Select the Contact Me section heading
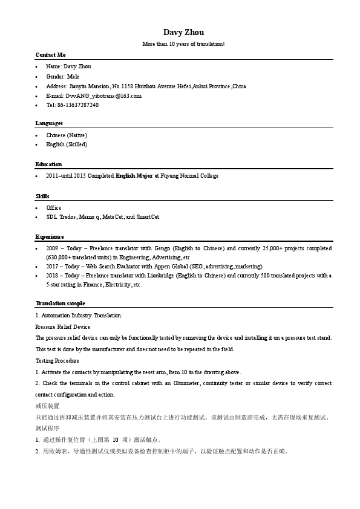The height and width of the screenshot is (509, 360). tap(50, 54)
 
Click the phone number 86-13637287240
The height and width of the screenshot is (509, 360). tap(78, 105)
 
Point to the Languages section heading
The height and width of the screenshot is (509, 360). tap(49, 123)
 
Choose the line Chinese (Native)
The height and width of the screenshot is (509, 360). tap(67, 135)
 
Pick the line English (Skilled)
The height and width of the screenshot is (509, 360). tap(67, 144)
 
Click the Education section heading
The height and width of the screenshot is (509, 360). tap(48, 164)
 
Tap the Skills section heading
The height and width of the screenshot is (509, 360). tap(42, 196)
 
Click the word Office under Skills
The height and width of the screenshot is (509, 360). tap(54, 208)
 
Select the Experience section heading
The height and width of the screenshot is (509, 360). tap(50, 237)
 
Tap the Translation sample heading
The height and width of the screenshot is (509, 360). tap(61, 303)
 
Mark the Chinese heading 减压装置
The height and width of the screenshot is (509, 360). tap(47, 406)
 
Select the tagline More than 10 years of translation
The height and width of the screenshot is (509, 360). tap(183, 44)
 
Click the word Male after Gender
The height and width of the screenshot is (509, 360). tap(73, 77)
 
